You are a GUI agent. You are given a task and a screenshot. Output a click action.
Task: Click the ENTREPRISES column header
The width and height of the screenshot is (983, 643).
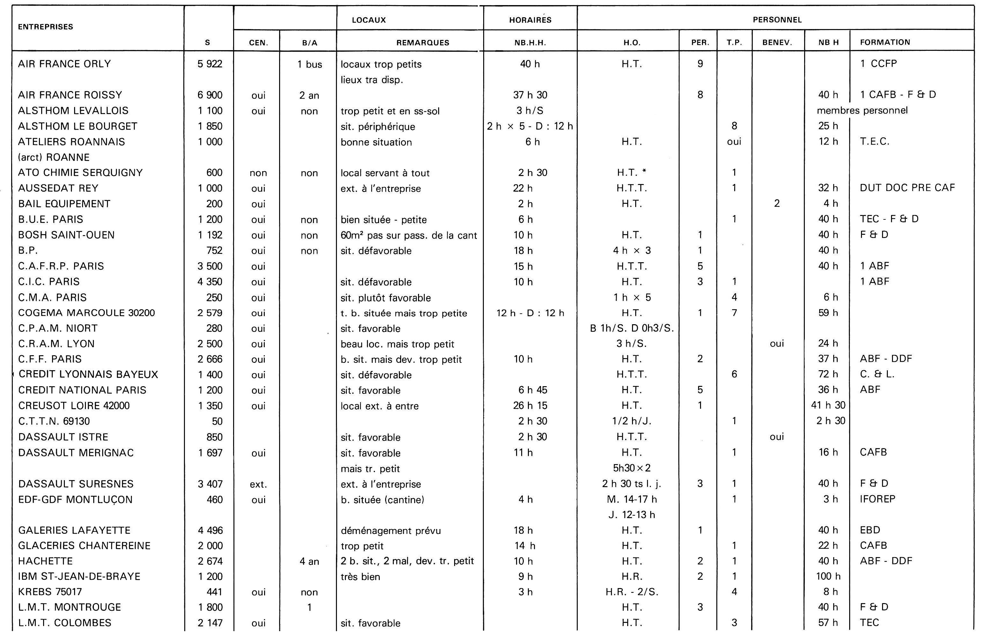tap(45, 27)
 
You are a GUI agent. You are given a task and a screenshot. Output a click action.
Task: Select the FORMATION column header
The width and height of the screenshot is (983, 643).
tap(885, 42)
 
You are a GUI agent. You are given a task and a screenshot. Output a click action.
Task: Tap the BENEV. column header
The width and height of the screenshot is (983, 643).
tap(777, 42)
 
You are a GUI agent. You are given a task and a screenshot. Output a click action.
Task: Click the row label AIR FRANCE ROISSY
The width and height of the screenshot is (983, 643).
tap(70, 95)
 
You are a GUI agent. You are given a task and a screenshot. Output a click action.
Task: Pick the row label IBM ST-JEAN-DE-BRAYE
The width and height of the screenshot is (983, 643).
tap(79, 577)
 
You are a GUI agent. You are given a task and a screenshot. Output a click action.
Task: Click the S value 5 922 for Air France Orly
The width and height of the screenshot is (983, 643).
tap(210, 64)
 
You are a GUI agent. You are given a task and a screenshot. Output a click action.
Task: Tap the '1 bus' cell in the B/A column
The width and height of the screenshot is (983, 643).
tap(309, 65)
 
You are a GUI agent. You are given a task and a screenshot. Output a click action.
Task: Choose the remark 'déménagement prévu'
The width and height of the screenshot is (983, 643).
tap(390, 531)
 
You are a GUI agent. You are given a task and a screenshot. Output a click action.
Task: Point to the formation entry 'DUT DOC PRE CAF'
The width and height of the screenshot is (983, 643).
tap(907, 188)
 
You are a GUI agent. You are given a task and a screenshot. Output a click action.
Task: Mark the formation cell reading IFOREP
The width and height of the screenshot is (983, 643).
tap(877, 499)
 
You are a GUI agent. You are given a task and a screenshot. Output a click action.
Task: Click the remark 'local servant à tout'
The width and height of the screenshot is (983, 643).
tap(385, 173)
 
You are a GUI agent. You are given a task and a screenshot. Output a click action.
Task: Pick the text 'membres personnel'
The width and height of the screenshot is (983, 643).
tap(862, 111)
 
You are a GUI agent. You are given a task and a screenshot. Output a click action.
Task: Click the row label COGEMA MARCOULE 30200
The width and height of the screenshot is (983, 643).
tap(86, 313)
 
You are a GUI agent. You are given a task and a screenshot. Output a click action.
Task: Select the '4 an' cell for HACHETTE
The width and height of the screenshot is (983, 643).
tap(309, 561)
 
